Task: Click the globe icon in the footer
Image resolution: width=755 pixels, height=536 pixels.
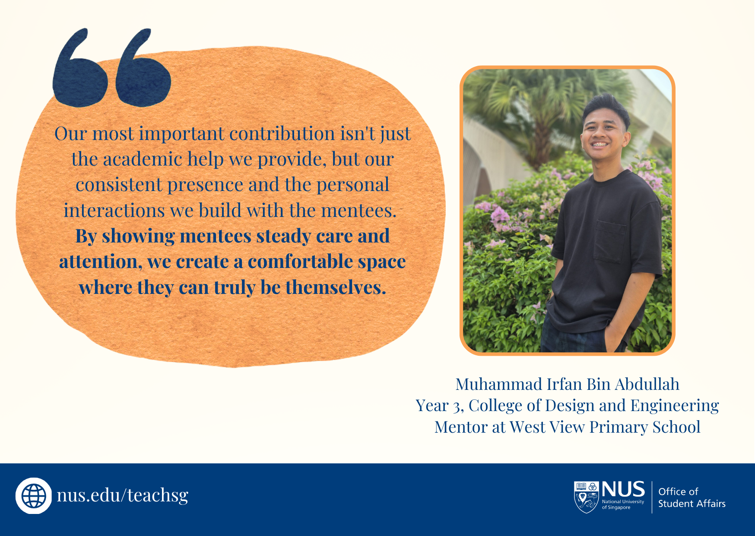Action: coord(34,496)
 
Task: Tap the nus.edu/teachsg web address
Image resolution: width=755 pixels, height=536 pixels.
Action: coord(123,495)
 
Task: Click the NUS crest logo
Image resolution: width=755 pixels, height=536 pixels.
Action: coord(586,497)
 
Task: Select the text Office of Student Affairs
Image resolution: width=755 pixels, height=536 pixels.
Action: coord(692,498)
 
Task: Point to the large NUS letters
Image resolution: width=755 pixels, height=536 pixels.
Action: coord(623,489)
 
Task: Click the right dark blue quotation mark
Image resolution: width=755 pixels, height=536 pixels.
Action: coord(143,67)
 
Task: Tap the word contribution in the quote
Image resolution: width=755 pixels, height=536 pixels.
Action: coord(282,133)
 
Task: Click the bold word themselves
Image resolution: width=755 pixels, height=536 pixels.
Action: coord(336,287)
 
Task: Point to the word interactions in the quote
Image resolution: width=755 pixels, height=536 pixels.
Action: coord(114,211)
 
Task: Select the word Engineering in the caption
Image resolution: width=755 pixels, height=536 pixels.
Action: coord(675,406)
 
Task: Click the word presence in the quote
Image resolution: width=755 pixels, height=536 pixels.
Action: coord(205,185)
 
